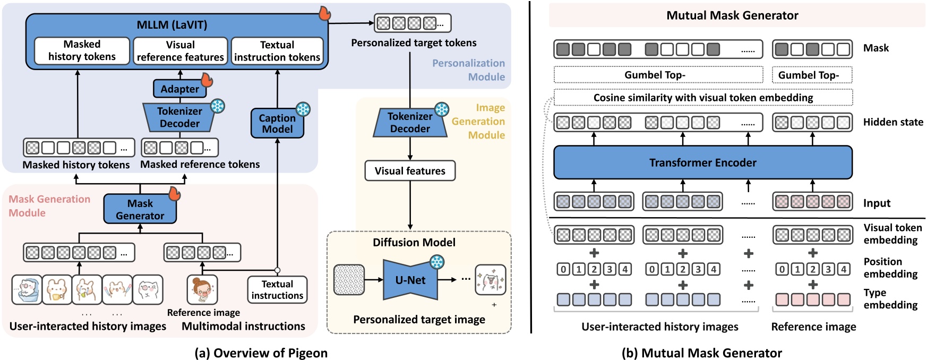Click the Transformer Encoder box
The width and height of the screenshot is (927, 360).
click(702, 162)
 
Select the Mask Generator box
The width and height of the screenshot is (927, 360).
click(140, 209)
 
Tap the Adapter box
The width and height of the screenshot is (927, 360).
click(179, 89)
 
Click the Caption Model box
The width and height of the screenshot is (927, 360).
click(277, 124)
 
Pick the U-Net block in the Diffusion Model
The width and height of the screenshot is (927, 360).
click(410, 280)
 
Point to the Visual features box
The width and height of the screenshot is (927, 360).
click(410, 170)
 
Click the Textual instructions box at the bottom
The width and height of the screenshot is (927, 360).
click(277, 290)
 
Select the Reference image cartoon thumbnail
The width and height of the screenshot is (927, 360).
click(202, 289)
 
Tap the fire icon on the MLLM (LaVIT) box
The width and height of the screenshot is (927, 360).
click(324, 13)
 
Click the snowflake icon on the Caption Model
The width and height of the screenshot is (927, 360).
click(303, 109)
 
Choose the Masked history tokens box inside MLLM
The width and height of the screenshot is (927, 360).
click(82, 50)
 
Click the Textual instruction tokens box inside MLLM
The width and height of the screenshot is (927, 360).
click(277, 50)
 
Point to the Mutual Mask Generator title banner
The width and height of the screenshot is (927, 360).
click(732, 15)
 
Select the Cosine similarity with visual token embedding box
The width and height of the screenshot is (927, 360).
click(703, 98)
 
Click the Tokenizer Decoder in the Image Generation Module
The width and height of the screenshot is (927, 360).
click(410, 123)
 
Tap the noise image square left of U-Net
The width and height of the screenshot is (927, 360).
click(349, 280)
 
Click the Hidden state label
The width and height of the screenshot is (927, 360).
click(893, 122)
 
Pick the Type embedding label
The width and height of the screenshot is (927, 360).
click(890, 298)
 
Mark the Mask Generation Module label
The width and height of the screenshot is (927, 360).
click(49, 205)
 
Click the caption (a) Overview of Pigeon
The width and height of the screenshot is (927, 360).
click(261, 353)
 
